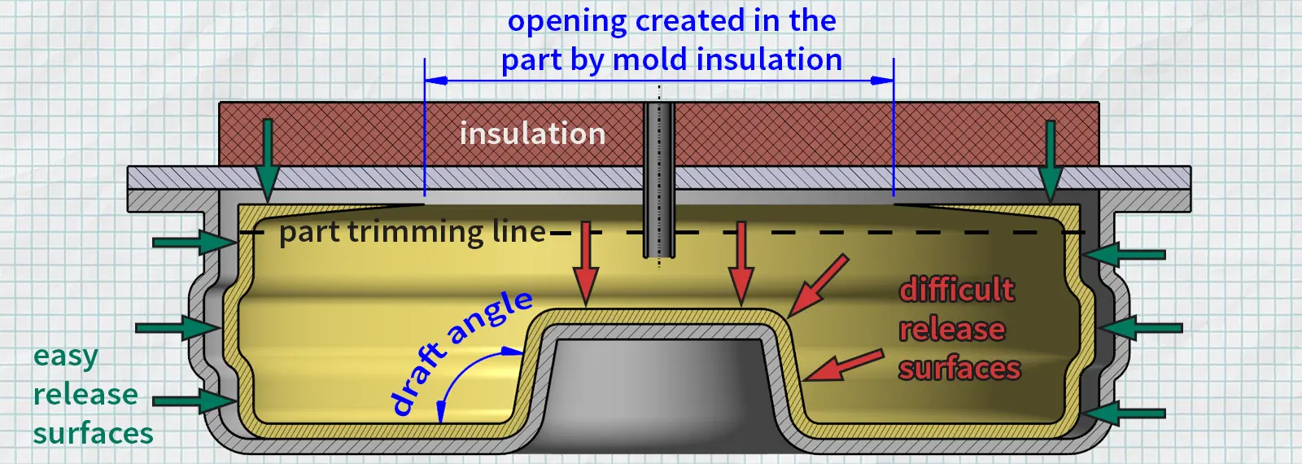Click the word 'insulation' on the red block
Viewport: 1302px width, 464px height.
tap(532, 134)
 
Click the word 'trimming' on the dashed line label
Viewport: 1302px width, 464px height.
tap(416, 233)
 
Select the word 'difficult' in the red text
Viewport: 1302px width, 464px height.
tap(957, 290)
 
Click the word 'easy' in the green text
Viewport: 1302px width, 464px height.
tap(65, 357)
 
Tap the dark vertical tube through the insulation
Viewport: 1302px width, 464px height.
tap(659, 179)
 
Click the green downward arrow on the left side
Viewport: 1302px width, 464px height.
tap(267, 159)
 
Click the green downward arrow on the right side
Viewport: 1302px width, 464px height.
tap(1051, 159)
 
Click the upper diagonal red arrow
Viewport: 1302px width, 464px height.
tap(818, 286)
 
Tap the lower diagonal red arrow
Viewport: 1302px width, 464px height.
tap(843, 366)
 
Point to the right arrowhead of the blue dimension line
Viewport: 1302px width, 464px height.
tap(883, 81)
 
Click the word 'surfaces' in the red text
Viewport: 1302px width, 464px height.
tap(959, 369)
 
